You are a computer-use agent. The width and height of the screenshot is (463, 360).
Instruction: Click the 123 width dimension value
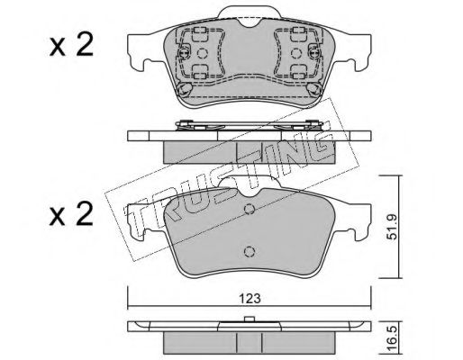point(250,299)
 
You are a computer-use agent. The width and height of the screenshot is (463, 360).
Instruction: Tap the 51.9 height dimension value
point(392,227)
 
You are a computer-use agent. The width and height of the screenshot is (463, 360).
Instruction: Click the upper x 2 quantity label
point(71,46)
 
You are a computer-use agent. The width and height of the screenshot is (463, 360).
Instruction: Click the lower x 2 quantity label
point(71,215)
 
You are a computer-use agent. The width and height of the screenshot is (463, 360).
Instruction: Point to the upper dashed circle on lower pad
point(250,209)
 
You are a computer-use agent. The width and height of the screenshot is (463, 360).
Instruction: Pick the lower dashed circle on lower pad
point(250,251)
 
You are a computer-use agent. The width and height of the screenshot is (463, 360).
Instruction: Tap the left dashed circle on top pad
point(202,53)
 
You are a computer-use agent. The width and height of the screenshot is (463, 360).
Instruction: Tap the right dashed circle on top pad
point(296,53)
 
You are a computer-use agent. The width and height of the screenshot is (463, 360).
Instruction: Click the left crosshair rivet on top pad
point(184,53)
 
